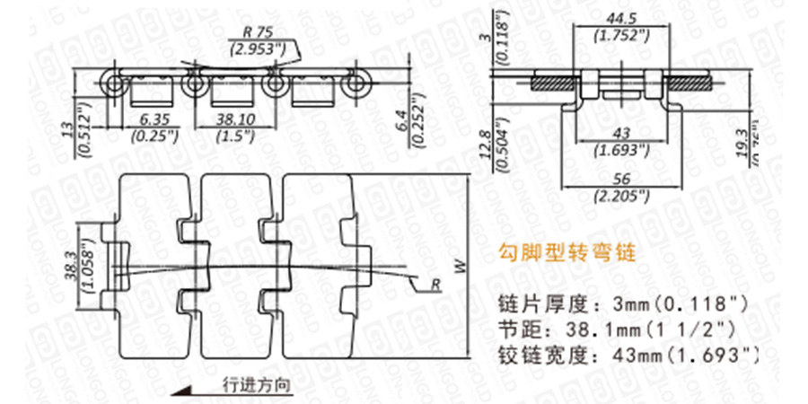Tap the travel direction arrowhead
(x=184, y=390)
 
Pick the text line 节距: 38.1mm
(x=615, y=328)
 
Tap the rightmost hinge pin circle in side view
(x=356, y=84)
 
